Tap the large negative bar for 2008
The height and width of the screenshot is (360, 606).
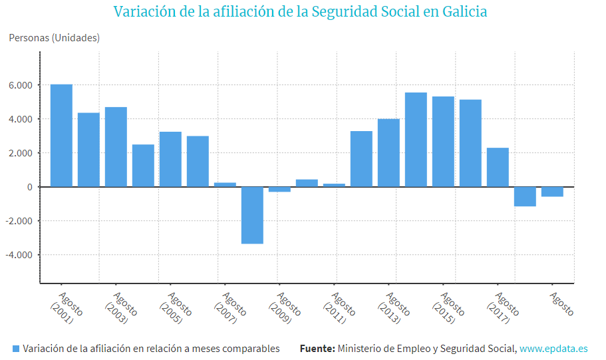(x=252, y=215)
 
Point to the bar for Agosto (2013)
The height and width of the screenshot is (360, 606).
(x=388, y=152)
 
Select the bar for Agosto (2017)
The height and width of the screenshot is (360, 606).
(x=498, y=167)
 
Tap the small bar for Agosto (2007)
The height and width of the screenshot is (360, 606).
(x=225, y=184)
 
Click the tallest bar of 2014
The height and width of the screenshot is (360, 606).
(x=416, y=139)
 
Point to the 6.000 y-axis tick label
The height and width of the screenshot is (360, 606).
(x=21, y=85)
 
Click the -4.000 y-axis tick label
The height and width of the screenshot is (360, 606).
(x=19, y=255)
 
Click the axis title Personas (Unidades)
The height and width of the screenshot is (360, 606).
(x=54, y=38)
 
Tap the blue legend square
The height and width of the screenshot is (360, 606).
(x=16, y=349)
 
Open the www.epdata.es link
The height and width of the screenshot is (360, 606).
(x=553, y=349)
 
